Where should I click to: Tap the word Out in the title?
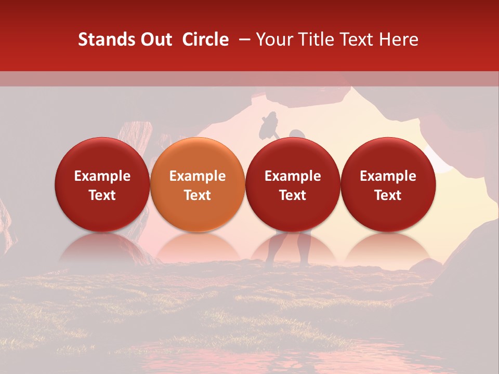tap(155, 39)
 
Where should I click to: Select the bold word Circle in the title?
tap(205, 39)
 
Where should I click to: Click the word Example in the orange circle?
tap(198, 176)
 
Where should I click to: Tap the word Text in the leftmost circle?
tap(102, 195)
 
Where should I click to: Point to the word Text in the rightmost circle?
tap(388, 195)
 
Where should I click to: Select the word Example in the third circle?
tap(293, 176)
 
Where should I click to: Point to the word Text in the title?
tap(358, 39)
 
